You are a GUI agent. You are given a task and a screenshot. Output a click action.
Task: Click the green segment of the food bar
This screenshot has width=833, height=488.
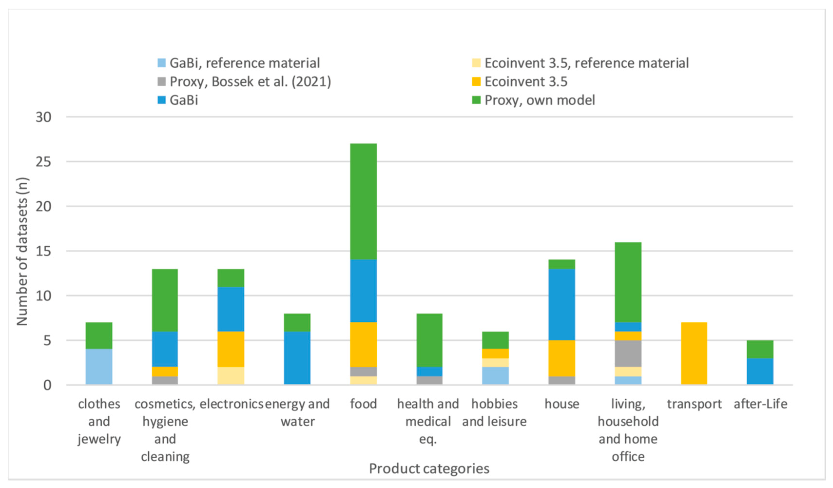point(363,202)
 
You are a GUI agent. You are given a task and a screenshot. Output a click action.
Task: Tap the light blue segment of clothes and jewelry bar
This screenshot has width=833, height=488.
point(99,366)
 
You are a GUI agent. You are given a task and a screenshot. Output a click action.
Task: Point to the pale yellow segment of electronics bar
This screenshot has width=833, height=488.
point(231,376)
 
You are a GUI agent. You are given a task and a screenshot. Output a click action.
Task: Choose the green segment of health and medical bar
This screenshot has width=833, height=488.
point(429,340)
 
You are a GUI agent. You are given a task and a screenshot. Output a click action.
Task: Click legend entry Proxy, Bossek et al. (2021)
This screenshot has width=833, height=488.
point(250,82)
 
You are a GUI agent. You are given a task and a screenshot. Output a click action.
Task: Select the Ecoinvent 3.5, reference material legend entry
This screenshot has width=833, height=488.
point(586,63)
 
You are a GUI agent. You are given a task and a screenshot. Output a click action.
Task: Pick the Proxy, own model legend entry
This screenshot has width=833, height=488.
point(539,100)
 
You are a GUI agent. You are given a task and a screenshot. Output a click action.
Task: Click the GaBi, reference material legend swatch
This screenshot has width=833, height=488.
point(162,63)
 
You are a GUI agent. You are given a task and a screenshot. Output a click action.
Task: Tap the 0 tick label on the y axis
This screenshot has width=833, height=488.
point(47,385)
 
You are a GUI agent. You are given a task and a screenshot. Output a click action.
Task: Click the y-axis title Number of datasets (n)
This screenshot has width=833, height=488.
point(22,251)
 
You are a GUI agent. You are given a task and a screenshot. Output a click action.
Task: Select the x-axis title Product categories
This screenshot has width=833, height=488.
point(429,469)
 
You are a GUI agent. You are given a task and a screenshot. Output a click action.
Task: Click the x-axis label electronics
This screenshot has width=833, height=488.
point(231,404)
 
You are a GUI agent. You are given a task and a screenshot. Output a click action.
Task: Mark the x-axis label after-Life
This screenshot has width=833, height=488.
point(760,404)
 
